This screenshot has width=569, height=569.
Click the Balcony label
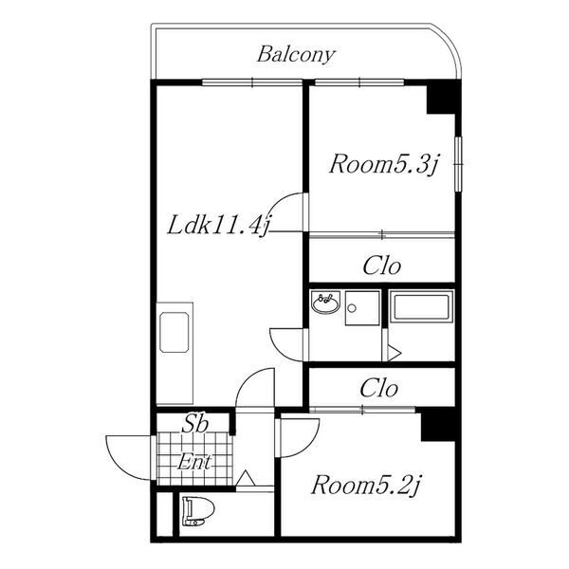pyautogui.click(x=296, y=55)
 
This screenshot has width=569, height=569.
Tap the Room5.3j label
pyautogui.click(x=385, y=164)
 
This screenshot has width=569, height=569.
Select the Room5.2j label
pyautogui.click(x=366, y=486)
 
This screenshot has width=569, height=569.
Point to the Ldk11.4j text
pyautogui.click(x=219, y=226)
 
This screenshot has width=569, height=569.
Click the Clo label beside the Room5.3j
pyautogui.click(x=382, y=266)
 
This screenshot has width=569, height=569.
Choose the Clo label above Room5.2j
pyautogui.click(x=378, y=388)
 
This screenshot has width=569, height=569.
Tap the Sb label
pyautogui.click(x=194, y=424)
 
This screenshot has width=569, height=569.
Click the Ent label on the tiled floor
pyautogui.click(x=193, y=462)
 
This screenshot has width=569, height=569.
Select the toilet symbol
pyautogui.click(x=199, y=511)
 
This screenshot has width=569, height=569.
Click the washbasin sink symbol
pyautogui.click(x=325, y=302)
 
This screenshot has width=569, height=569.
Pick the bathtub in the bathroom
pyautogui.click(x=421, y=307)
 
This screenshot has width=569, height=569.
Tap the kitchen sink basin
pyautogui.click(x=174, y=332)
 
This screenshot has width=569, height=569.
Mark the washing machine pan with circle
pyautogui.click(x=362, y=308)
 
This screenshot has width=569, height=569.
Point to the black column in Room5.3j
pyautogui.click(x=441, y=98)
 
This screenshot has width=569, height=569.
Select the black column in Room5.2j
pyautogui.click(x=437, y=425)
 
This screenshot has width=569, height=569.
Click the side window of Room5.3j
pyautogui.click(x=459, y=164)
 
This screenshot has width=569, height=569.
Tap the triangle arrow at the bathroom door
pyautogui.click(x=395, y=352)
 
